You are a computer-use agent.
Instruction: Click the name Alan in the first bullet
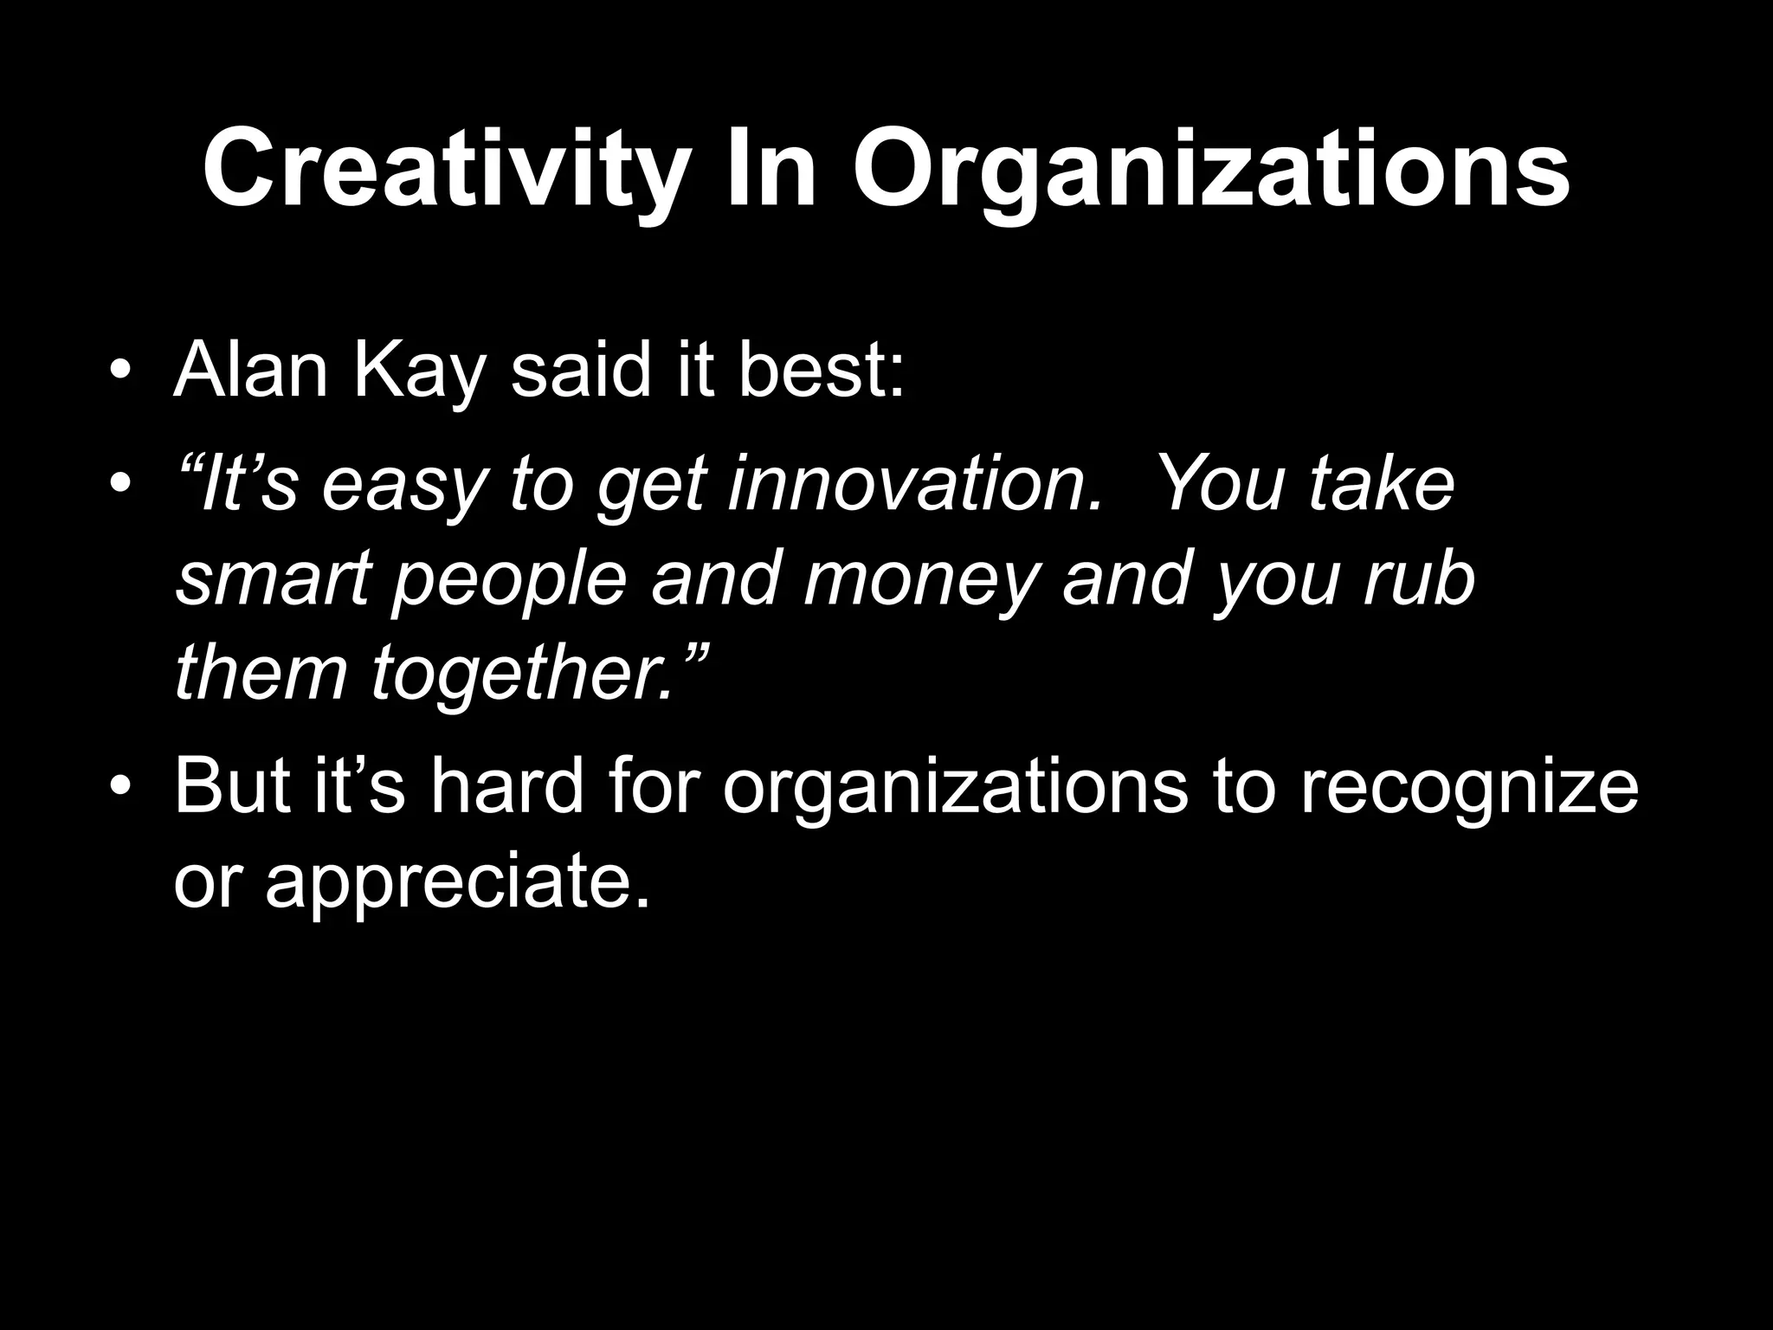[x=250, y=371]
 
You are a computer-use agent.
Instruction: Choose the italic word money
[x=919, y=582]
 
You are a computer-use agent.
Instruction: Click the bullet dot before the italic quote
[x=120, y=484]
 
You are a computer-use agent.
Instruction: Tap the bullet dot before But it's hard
[x=120, y=787]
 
